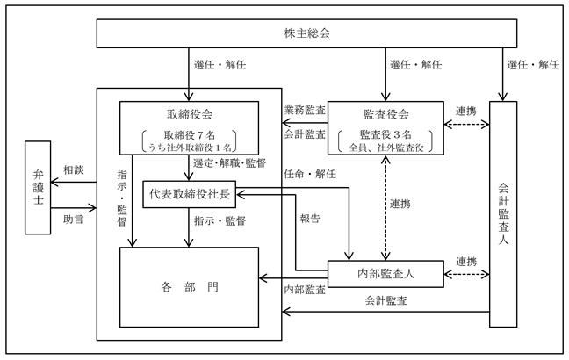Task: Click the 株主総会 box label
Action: click(307, 33)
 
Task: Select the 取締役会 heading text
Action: click(190, 115)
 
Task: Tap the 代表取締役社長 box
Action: click(189, 195)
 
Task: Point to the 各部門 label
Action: click(190, 287)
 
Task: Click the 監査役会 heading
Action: click(385, 115)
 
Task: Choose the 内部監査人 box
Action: click(385, 274)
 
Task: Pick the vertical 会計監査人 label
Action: click(503, 213)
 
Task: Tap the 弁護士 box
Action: click(38, 188)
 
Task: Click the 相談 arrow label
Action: click(74, 169)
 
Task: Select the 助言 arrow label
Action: click(74, 220)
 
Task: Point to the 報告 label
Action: click(310, 219)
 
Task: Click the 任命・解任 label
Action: click(310, 174)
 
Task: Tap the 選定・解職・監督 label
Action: click(229, 163)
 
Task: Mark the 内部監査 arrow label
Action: click(305, 290)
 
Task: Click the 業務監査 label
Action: click(305, 110)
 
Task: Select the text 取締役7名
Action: click(190, 135)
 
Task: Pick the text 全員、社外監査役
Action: click(386, 148)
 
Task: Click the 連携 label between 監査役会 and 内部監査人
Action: click(400, 204)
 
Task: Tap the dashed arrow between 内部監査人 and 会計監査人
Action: click(466, 274)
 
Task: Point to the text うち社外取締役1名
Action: click(190, 148)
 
